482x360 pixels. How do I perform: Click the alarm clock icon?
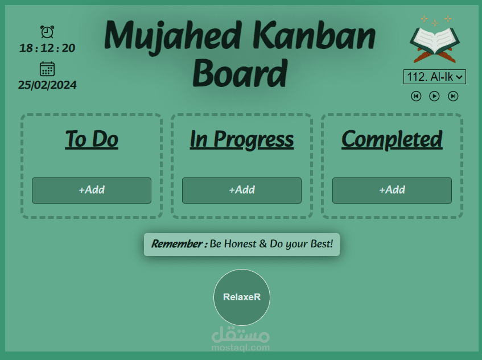tap(47, 32)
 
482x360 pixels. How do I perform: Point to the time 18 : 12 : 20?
tap(47, 48)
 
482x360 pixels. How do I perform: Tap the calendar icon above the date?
tap(47, 69)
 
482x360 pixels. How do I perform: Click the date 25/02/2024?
tap(47, 85)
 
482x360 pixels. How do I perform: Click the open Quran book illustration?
tap(435, 43)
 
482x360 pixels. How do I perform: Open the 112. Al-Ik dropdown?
tap(435, 77)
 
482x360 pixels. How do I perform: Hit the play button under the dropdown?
tap(434, 96)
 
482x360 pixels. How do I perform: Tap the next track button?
tap(453, 96)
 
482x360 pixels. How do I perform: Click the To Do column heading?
tap(92, 139)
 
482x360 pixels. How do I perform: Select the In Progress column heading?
tap(242, 139)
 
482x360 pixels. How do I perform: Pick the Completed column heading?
tap(392, 139)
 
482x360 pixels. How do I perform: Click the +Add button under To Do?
tap(92, 190)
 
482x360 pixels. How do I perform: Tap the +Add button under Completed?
tap(392, 190)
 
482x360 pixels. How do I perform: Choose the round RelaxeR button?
tap(242, 297)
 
